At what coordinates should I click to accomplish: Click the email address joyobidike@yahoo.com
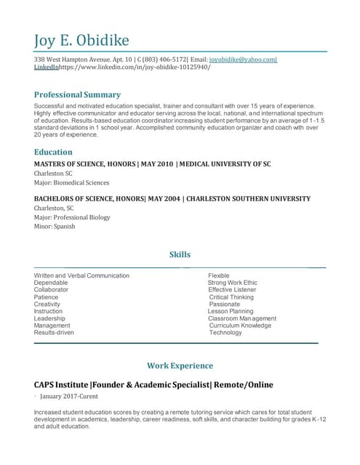tap(242, 59)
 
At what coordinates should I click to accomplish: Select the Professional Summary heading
tap(77, 94)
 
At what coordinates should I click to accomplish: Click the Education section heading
tap(53, 152)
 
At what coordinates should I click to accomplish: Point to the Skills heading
tap(180, 254)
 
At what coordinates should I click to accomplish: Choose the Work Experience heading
tap(180, 365)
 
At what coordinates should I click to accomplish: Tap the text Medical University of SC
tap(226, 164)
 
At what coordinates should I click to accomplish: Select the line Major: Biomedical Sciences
tap(71, 183)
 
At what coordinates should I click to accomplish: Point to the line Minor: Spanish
tap(55, 226)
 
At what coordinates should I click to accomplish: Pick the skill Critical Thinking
tap(231, 297)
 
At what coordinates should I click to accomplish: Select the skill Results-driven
tap(54, 333)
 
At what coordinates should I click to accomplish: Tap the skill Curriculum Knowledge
tap(240, 325)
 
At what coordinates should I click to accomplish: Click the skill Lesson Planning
tap(231, 311)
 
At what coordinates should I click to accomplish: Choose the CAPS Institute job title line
tap(153, 384)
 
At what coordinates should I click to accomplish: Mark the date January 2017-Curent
tap(69, 396)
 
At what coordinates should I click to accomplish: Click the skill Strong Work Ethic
tap(233, 283)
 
